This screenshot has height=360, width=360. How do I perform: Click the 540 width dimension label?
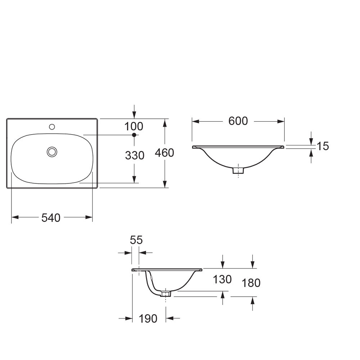(51, 218)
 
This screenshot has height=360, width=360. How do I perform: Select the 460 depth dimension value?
(165, 153)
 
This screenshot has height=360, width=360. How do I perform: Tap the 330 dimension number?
(135, 156)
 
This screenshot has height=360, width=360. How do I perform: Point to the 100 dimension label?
(134, 126)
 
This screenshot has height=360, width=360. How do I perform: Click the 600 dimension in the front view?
(238, 121)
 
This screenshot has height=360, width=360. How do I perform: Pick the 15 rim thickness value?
(323, 146)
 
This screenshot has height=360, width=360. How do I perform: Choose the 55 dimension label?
(136, 240)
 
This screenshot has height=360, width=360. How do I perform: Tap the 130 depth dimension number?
(222, 279)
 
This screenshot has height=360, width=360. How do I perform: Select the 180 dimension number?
(251, 283)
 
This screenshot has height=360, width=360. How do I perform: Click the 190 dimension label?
(148, 319)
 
